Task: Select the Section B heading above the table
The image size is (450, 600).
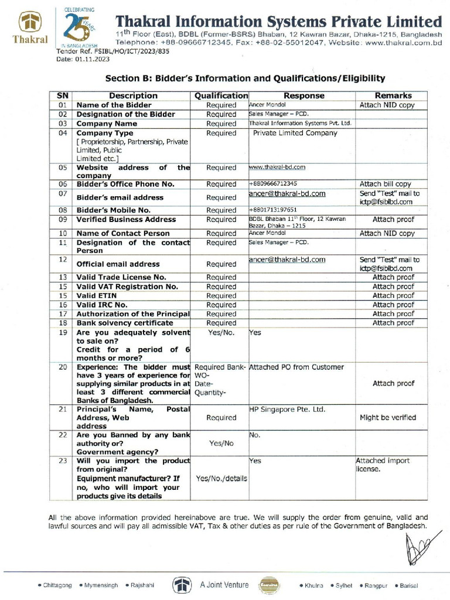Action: tap(244, 78)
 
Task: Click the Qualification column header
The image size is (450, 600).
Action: tap(221, 96)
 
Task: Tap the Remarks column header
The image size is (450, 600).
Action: tap(393, 96)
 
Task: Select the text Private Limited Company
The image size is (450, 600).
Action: tap(295, 133)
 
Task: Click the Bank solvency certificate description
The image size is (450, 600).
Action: tap(125, 323)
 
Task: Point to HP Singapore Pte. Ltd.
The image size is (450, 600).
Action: tap(287, 410)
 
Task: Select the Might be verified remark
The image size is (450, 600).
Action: tap(388, 418)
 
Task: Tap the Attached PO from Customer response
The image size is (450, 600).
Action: tap(296, 367)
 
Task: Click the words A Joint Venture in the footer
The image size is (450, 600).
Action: tap(224, 585)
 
